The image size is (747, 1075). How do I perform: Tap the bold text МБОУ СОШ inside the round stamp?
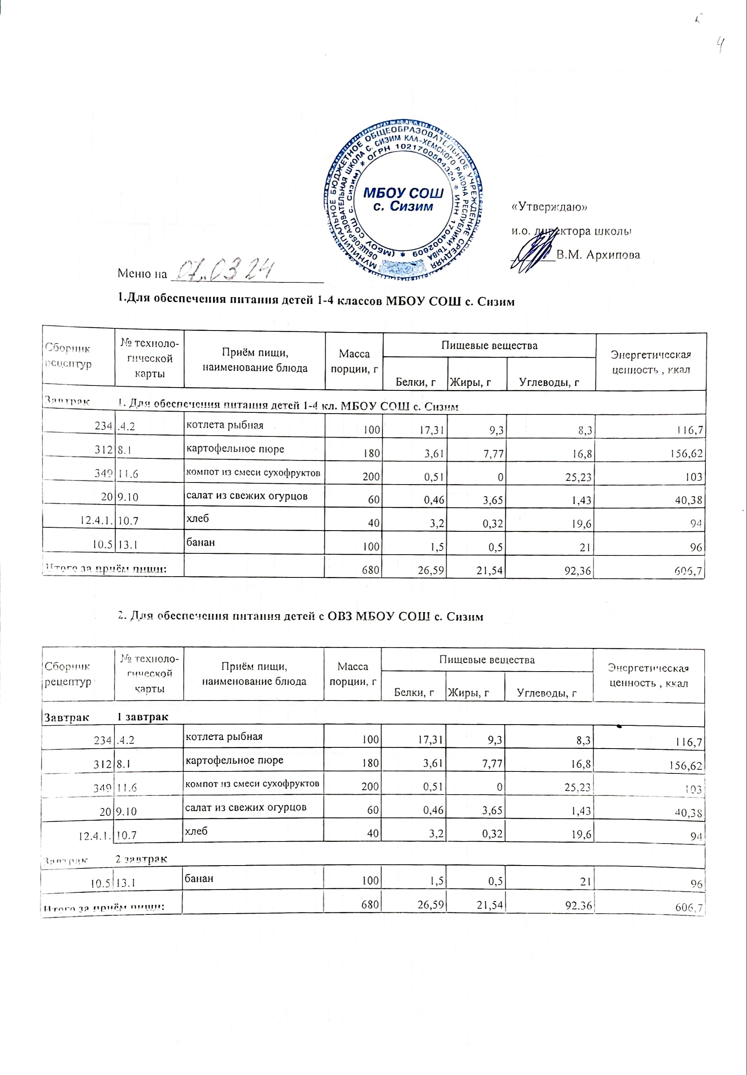[x=403, y=193]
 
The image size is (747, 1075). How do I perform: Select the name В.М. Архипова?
[x=598, y=255]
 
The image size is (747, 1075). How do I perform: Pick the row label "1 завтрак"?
[x=142, y=717]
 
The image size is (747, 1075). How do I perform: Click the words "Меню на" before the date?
[x=142, y=273]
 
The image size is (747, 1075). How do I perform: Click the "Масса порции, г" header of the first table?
[x=354, y=361]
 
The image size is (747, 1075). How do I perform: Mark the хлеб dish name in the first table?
[x=197, y=518]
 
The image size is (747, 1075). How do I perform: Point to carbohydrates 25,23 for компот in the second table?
[x=577, y=787]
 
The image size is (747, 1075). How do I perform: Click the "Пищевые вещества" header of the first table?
[x=489, y=346]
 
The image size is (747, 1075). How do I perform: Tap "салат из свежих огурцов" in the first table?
[x=247, y=496]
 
